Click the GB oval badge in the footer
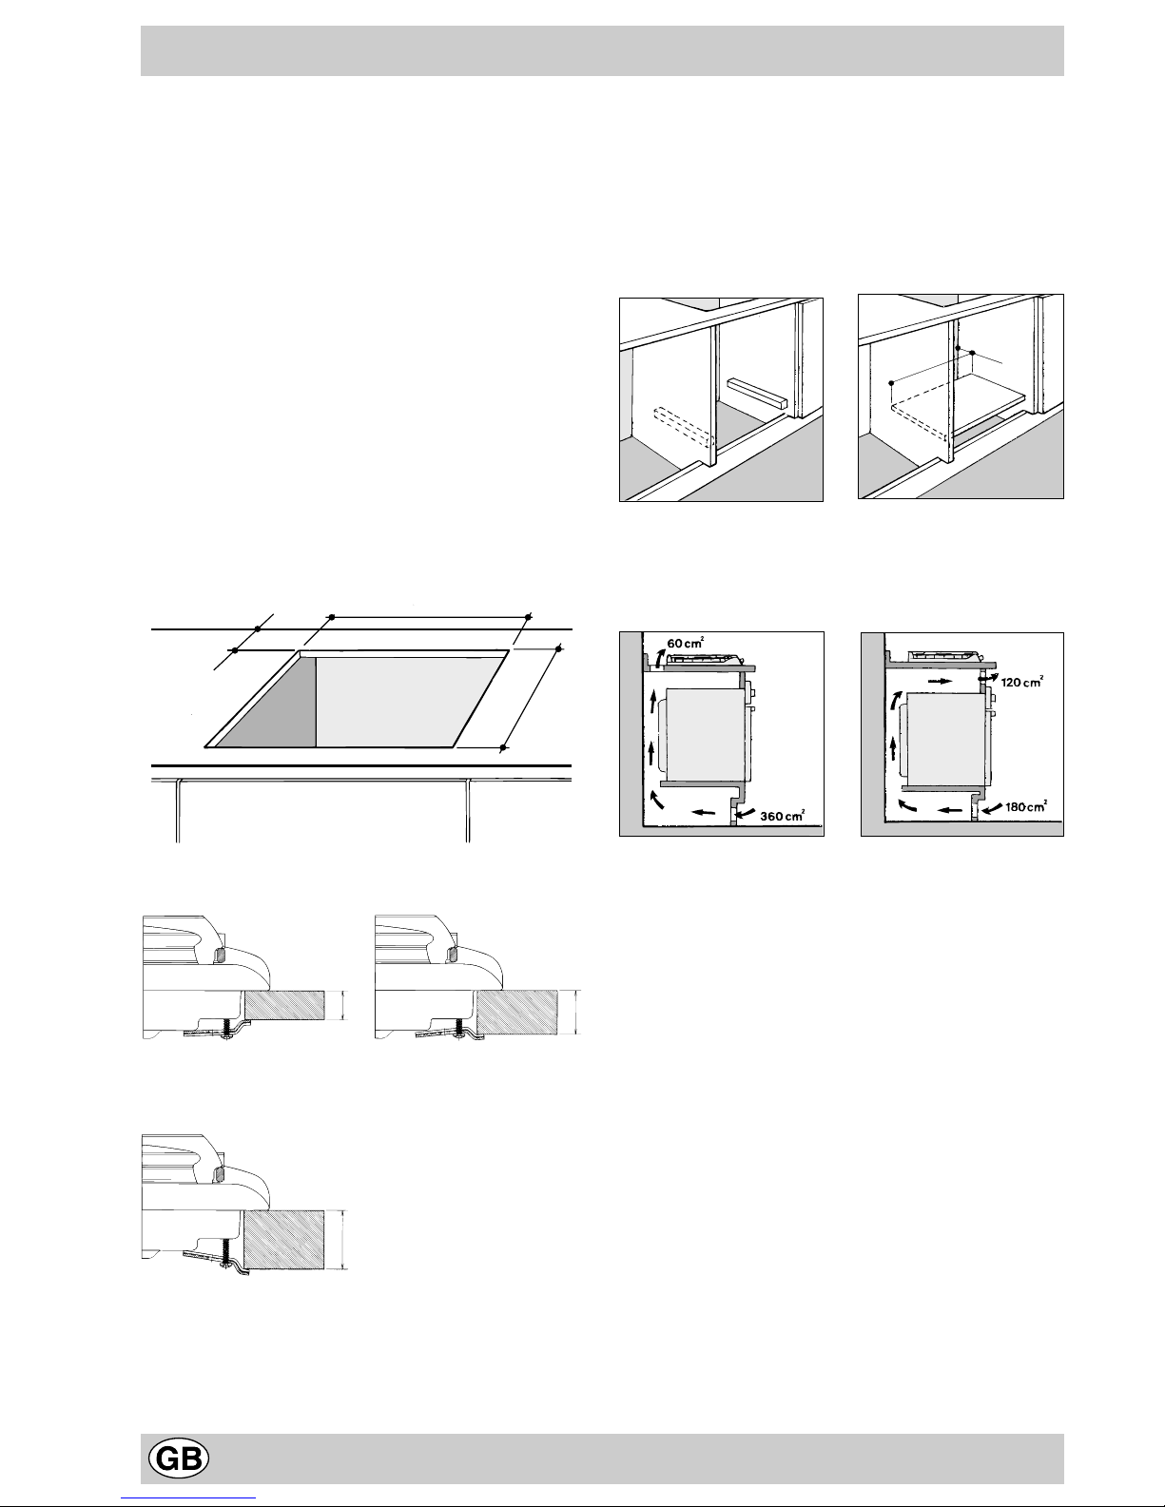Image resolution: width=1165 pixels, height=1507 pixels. point(178,1459)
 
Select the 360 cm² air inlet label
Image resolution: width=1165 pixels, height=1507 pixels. point(782,816)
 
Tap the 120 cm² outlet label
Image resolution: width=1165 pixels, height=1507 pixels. point(1021,682)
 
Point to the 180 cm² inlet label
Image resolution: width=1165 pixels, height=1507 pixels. point(1025,807)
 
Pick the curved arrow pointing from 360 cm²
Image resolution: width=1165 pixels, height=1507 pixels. point(747,813)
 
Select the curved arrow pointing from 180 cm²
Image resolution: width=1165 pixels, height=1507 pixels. point(992,808)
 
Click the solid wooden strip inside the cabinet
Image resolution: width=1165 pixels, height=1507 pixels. point(757,393)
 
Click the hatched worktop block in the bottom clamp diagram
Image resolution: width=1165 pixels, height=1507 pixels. point(285,1239)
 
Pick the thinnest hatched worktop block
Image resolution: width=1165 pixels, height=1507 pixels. point(285,1005)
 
